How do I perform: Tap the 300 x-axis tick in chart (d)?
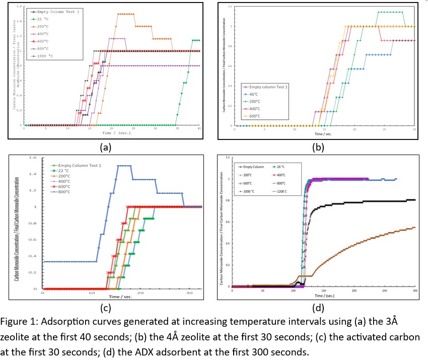(415, 291)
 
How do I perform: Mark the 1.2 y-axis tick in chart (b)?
(229, 7)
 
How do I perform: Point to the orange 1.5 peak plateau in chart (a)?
(125, 14)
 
